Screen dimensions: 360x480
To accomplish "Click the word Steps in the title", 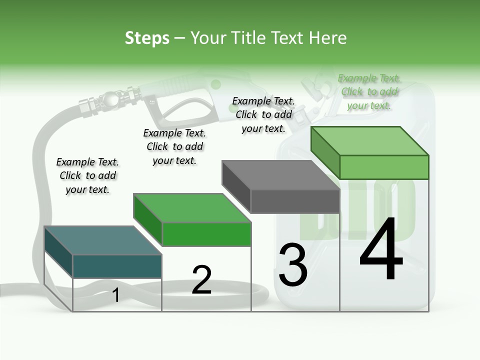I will pos(147,38).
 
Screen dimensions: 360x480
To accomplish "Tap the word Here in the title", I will pos(327,38).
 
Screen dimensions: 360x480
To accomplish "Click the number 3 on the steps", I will pos(293,265).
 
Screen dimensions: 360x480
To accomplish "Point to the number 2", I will pos(201,280).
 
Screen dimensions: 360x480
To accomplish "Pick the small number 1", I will pos(116,295).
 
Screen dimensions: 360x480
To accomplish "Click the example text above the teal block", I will pos(87,175).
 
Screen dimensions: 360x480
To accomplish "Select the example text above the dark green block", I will pos(174,146).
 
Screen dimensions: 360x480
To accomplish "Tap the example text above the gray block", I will pos(263,114).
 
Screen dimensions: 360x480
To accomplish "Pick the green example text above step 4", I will pos(369,91).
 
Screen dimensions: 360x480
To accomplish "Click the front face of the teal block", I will pos(117,266).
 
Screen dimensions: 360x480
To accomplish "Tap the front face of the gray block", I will pos(295,201).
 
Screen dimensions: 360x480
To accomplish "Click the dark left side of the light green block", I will pos(325,152).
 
